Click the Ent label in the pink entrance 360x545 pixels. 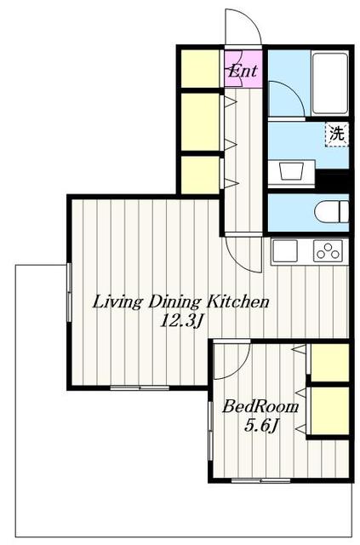coord(243,71)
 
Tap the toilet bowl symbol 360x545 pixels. coord(332,212)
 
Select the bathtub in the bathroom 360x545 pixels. coord(329,83)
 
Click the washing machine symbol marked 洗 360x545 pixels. coord(337,135)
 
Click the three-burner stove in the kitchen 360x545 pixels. coord(328,250)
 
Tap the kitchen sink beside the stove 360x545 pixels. coord(285,250)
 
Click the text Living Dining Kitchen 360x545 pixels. coord(180,301)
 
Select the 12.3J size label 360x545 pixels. coord(180,321)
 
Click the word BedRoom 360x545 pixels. coord(260,406)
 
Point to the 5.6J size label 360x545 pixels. coord(261,425)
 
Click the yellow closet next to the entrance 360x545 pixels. coord(201,69)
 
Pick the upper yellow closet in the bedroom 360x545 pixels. coord(329,363)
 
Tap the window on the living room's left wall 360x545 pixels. coord(70,293)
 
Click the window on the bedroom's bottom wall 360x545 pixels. coord(260,480)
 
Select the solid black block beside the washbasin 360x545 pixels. coord(332,180)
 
